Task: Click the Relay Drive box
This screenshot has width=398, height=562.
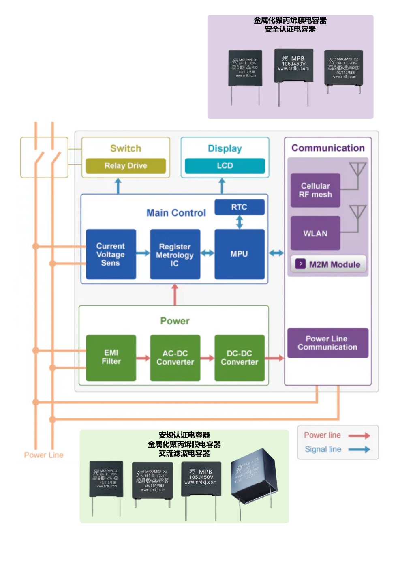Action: click(x=126, y=166)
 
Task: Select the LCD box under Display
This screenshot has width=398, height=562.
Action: click(x=225, y=166)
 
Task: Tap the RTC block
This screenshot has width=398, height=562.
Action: click(x=240, y=207)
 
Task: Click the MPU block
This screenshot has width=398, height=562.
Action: click(x=240, y=254)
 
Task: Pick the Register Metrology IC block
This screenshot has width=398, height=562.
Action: click(x=175, y=255)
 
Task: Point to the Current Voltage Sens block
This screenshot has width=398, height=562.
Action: click(x=111, y=255)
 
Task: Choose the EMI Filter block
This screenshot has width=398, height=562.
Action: click(x=111, y=357)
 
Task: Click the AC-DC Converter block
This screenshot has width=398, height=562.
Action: click(x=175, y=358)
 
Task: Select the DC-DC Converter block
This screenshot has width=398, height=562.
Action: click(x=240, y=358)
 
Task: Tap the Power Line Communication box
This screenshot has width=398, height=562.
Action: click(x=327, y=343)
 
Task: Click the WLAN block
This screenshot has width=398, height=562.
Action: click(x=315, y=233)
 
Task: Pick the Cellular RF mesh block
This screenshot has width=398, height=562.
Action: click(x=315, y=190)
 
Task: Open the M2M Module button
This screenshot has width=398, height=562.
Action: click(x=329, y=264)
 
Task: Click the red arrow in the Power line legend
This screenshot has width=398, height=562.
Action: click(x=359, y=435)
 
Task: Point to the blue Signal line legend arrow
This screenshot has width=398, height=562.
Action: click(x=359, y=449)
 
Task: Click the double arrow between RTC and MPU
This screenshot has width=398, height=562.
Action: click(x=240, y=222)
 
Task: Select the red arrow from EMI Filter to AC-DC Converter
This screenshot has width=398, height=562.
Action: click(x=143, y=358)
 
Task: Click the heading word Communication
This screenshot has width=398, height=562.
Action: click(x=328, y=148)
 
